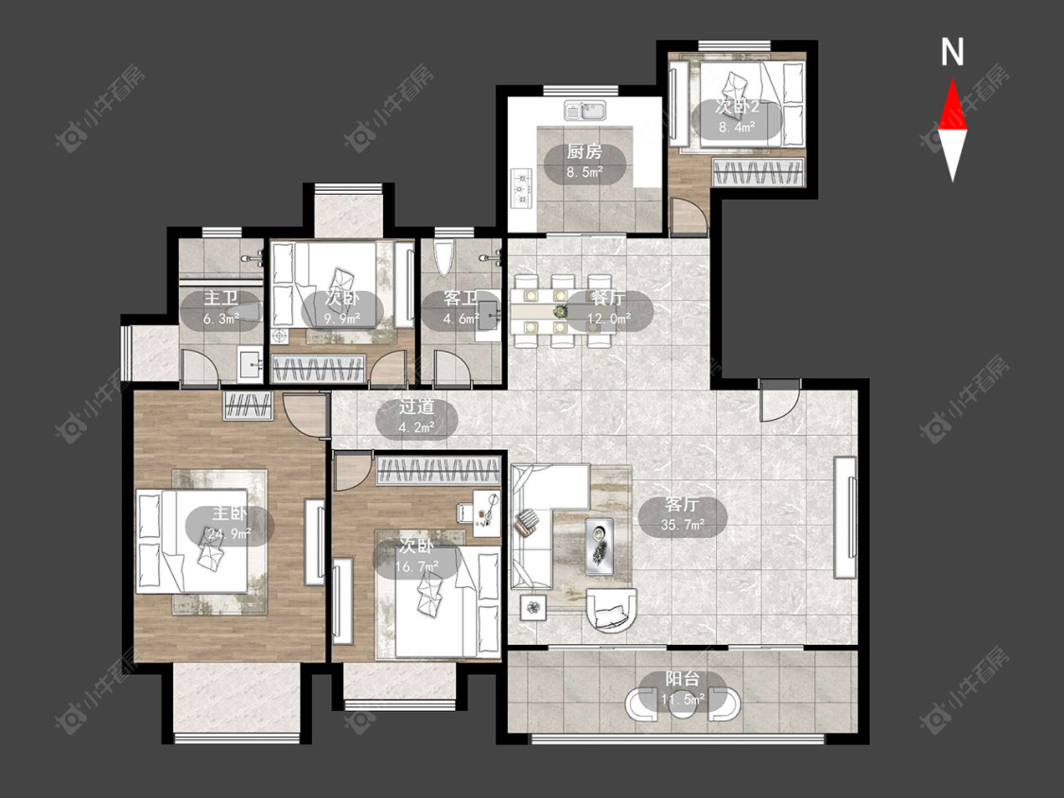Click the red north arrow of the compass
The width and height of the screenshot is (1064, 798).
(x=952, y=104)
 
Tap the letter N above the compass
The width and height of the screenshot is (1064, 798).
(x=952, y=52)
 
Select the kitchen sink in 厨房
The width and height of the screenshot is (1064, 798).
(x=585, y=110)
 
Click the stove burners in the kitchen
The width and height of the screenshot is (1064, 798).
(x=522, y=186)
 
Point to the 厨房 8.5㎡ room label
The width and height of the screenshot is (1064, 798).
(x=584, y=162)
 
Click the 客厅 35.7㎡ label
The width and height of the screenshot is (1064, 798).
(x=683, y=514)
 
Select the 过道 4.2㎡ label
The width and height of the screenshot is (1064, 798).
(x=417, y=416)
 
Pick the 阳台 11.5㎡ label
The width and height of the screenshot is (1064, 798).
(x=683, y=688)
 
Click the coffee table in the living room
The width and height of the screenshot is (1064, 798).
(x=600, y=546)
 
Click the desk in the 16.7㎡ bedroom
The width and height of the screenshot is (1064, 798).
(x=487, y=513)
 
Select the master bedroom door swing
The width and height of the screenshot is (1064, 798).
(x=304, y=415)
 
